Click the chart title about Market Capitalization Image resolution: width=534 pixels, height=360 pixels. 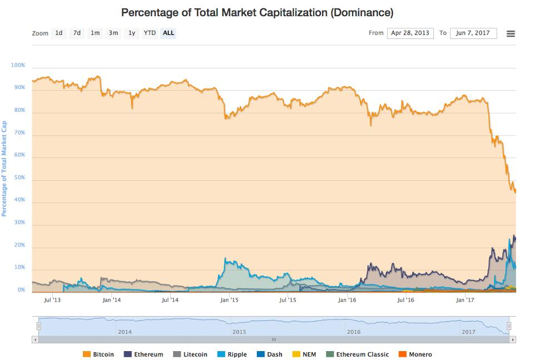(257, 12)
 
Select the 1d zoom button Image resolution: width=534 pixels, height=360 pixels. (59, 33)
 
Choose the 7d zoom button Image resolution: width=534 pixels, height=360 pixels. (77, 33)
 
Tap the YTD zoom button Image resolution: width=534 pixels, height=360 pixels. (150, 33)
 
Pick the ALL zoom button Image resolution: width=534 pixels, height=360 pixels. (168, 33)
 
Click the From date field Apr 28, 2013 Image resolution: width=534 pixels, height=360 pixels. (410, 33)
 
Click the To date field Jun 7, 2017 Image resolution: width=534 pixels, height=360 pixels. (473, 33)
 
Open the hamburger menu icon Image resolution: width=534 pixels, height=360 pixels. (511, 33)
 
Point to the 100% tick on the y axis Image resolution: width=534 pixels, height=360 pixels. (18, 66)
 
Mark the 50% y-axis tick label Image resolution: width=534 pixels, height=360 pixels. (19, 177)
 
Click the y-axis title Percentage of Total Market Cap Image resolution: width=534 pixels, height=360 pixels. (4, 169)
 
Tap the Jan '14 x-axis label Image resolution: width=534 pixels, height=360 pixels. (111, 300)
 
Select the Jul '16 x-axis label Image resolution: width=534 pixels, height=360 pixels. (406, 300)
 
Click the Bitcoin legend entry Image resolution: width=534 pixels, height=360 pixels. (98, 354)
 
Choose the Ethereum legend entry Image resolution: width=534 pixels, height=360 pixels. (144, 354)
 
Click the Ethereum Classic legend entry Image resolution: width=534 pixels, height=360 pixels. (357, 354)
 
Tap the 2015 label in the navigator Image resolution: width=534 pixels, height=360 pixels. (239, 332)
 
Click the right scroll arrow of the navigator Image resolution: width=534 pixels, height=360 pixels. (513, 339)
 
